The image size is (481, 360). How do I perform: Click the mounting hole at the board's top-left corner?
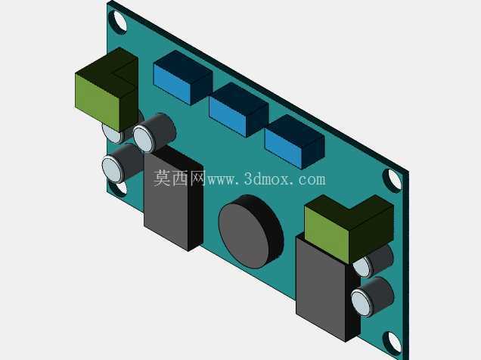(119, 21)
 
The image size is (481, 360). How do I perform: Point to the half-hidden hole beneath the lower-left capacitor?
(121, 187)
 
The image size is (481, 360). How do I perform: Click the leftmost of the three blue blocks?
(183, 78)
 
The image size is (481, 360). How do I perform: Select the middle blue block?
(239, 110)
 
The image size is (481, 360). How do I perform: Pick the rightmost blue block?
(294, 141)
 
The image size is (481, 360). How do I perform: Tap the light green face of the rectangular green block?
(98, 102)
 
